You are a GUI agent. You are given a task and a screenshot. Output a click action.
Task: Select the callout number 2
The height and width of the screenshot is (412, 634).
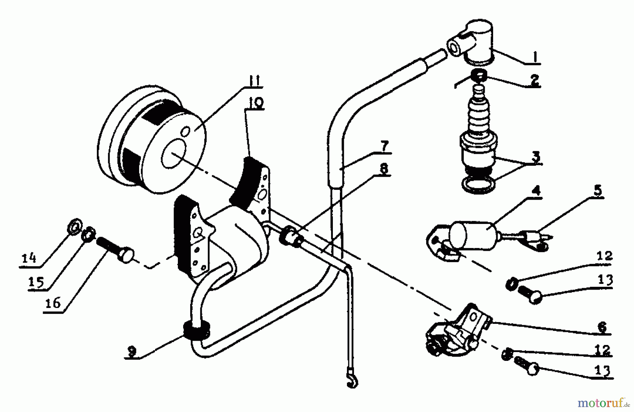[534, 80]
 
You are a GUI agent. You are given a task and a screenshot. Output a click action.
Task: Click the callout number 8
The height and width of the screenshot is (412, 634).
[383, 169]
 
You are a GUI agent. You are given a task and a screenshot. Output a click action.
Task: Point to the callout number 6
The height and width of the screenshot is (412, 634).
[602, 327]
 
